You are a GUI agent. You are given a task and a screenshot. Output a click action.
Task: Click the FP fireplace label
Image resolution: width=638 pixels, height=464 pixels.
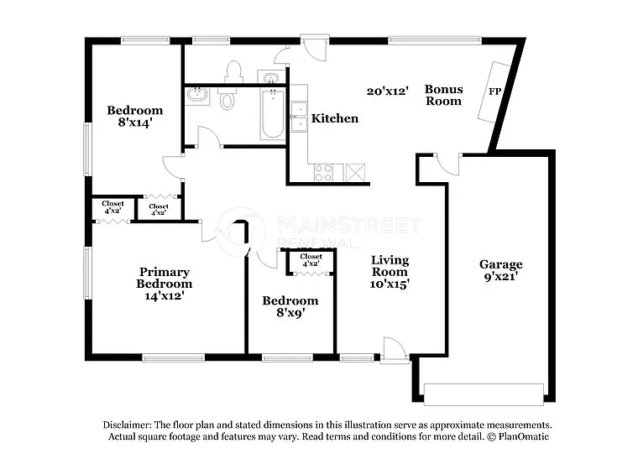494,91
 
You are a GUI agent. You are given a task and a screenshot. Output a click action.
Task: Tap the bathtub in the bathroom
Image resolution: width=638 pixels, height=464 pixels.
272,115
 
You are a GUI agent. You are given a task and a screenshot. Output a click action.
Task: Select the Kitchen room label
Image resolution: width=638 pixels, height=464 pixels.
335,118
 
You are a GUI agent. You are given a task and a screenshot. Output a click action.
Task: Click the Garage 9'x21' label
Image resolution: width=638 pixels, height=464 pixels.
500,269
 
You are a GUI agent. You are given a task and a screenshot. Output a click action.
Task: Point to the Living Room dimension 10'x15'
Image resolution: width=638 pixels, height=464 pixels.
390,284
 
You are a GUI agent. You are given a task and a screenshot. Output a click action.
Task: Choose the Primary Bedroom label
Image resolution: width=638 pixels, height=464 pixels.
164,278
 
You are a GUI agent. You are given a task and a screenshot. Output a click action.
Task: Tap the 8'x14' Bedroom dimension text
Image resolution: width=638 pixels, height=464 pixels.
134,123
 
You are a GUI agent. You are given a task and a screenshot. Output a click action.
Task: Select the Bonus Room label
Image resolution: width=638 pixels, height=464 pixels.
443,95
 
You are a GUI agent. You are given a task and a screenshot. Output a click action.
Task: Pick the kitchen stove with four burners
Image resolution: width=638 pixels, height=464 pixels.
324,172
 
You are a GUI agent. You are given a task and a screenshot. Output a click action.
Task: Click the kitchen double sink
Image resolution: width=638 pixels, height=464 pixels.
298,117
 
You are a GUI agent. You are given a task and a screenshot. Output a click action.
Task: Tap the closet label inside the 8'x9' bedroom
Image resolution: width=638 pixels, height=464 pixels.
311,260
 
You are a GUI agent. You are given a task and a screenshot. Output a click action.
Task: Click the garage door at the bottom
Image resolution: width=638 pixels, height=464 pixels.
483,394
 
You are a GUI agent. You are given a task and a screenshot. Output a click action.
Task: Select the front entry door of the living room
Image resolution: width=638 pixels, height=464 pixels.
393,352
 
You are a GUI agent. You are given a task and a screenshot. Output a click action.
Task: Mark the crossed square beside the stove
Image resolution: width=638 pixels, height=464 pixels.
356,172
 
